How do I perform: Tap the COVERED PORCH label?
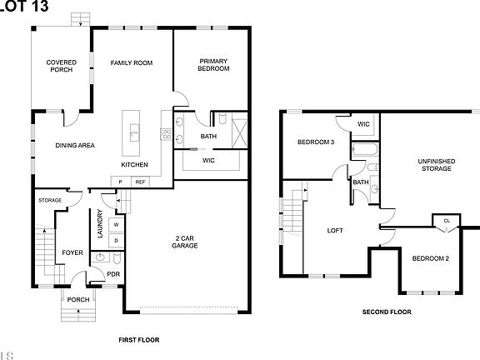pos(61,66)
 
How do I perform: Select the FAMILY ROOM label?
pos(132,62)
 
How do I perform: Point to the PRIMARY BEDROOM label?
pos(214,64)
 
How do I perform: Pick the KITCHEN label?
pos(135,164)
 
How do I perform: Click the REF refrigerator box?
pos(141,182)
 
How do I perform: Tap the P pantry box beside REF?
pos(120,182)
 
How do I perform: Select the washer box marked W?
pos(116,224)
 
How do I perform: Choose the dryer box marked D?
pos(116,240)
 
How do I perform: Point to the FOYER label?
pos(72,253)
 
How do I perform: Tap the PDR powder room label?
pos(113,273)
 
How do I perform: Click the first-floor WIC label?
pos(208,160)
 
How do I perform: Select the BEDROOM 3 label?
pos(316,142)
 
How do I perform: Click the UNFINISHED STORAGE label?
pos(436,164)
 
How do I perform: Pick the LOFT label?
pos(335,231)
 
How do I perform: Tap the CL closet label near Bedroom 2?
pos(447,221)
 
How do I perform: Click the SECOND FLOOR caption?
pos(387,312)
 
